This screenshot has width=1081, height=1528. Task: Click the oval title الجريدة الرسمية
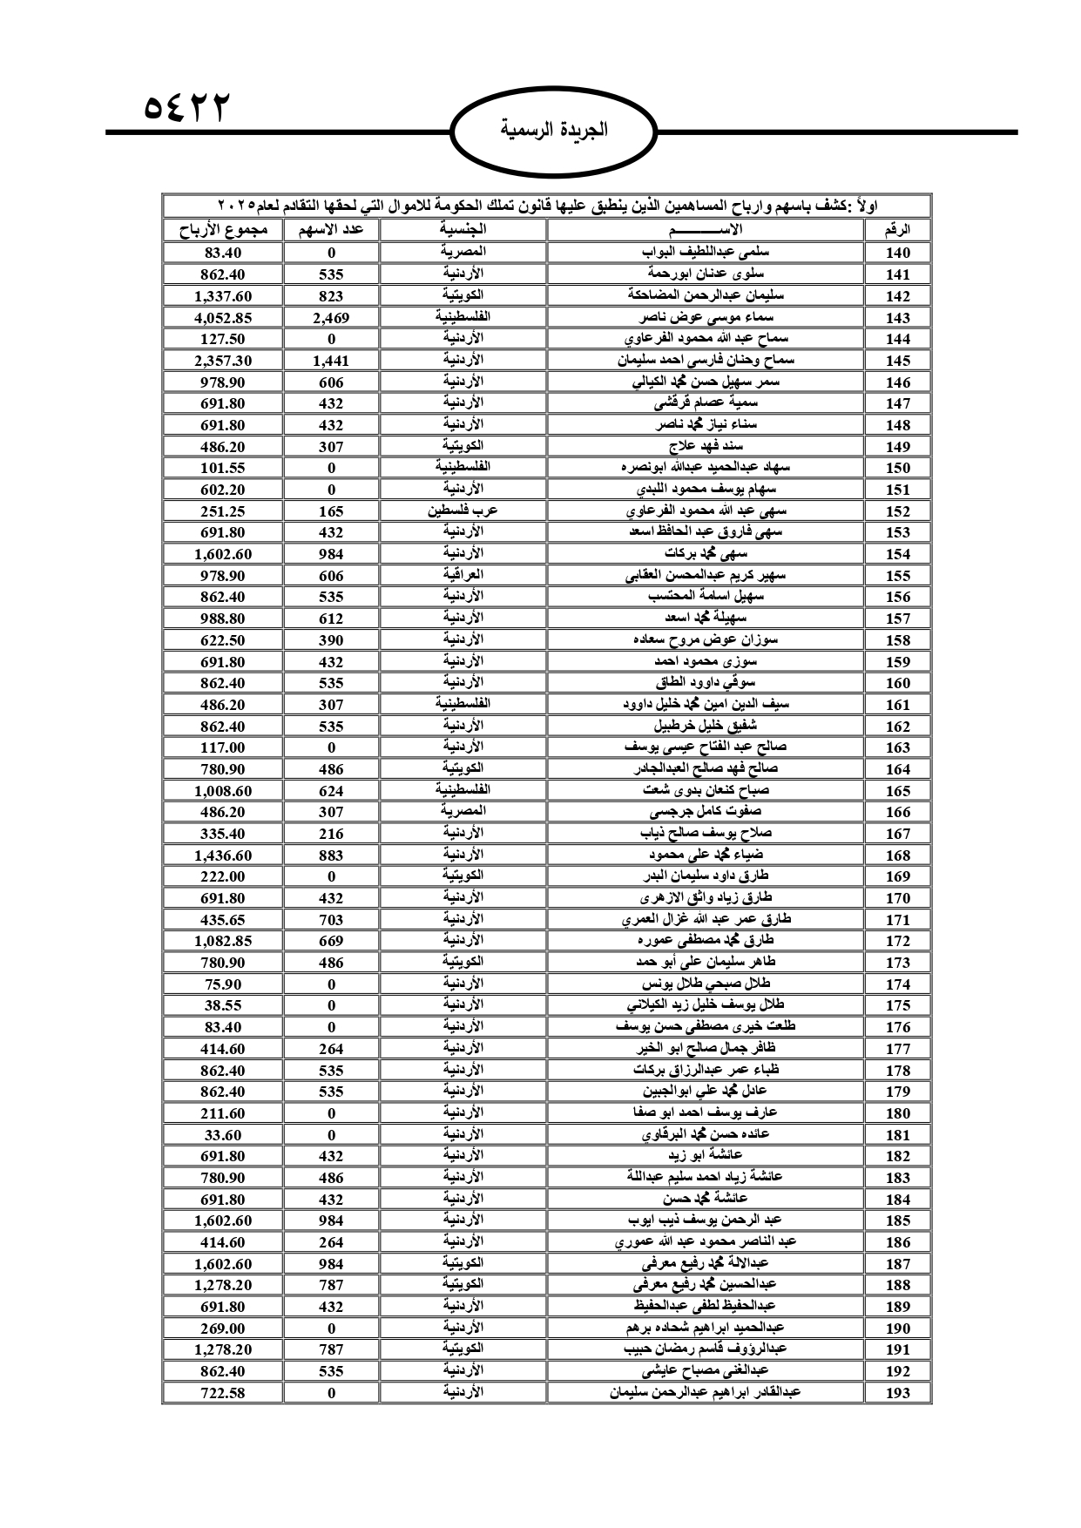[x=554, y=131]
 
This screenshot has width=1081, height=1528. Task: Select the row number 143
[x=897, y=318]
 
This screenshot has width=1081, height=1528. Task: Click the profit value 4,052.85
[x=223, y=318]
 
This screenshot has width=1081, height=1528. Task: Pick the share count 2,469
[x=331, y=318]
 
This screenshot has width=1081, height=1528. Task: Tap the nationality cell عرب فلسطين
[x=463, y=510]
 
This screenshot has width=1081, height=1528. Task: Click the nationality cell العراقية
[x=463, y=575]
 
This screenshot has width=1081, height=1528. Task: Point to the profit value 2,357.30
[x=223, y=361]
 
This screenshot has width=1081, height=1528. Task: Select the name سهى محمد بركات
[x=706, y=553]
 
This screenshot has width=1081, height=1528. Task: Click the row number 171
[x=897, y=920]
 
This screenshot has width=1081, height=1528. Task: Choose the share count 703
[x=331, y=920]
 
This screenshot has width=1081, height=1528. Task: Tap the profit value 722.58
[x=223, y=1393]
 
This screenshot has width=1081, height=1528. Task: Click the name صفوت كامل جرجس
[x=706, y=812]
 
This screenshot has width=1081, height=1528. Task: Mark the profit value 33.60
[x=223, y=1135]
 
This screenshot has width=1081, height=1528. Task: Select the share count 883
[x=331, y=855]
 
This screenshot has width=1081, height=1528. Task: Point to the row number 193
[x=897, y=1393]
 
